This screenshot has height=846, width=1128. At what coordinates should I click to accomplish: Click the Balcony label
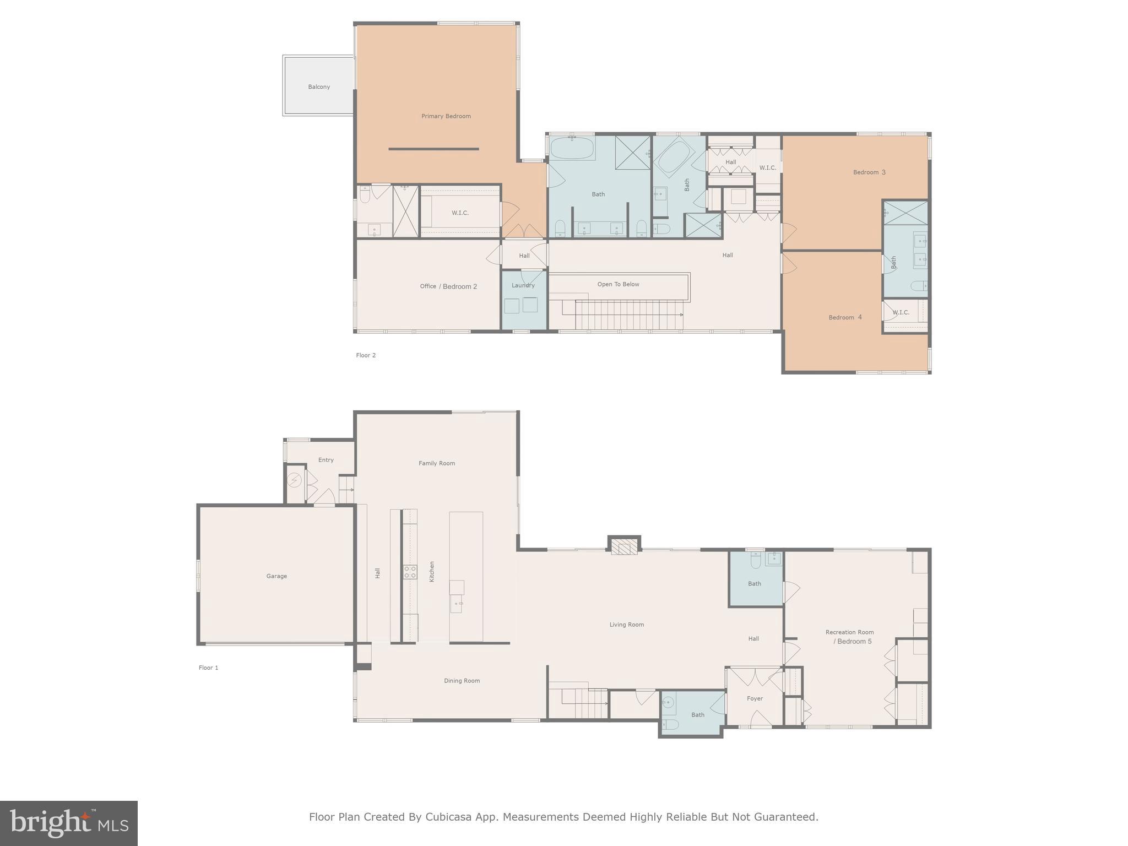pyautogui.click(x=319, y=87)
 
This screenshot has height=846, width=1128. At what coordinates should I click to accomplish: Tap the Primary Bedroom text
pyautogui.click(x=446, y=116)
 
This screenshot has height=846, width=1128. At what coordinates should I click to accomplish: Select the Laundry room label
pyautogui.click(x=523, y=285)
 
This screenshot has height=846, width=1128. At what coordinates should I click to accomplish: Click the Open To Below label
pyautogui.click(x=618, y=284)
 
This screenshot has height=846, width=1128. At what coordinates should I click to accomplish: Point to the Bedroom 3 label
pyautogui.click(x=869, y=172)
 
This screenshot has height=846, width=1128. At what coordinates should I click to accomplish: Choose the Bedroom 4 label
pyautogui.click(x=845, y=317)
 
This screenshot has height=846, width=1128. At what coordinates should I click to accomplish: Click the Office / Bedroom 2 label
pyautogui.click(x=448, y=286)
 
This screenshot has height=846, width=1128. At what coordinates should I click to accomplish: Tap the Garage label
pyautogui.click(x=276, y=576)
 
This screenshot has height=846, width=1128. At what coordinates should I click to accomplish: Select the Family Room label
pyautogui.click(x=437, y=463)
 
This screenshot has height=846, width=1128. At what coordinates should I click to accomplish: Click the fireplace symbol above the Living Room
pyautogui.click(x=624, y=548)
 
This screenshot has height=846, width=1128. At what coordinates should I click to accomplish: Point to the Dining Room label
pyautogui.click(x=462, y=681)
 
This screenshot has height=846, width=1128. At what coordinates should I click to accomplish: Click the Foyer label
pyautogui.click(x=755, y=698)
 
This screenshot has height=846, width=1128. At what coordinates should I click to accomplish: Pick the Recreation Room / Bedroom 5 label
pyautogui.click(x=849, y=637)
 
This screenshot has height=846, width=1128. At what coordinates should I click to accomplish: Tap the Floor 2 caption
pyautogui.click(x=366, y=355)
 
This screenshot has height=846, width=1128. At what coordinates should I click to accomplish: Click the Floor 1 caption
pyautogui.click(x=208, y=668)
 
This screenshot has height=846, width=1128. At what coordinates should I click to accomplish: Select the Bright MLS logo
pyautogui.click(x=69, y=823)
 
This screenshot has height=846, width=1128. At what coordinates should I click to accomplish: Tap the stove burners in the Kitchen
pyautogui.click(x=410, y=572)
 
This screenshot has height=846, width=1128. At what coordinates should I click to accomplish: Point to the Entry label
pyautogui.click(x=326, y=460)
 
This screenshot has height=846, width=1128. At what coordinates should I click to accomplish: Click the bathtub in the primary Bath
pyautogui.click(x=572, y=148)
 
